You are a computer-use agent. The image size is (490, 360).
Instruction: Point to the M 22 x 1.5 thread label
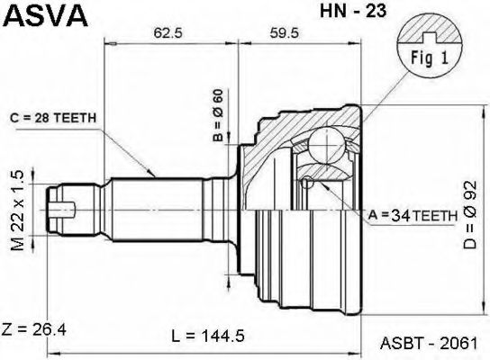click(x=15, y=209)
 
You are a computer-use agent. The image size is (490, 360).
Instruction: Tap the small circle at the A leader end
click(x=309, y=184)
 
